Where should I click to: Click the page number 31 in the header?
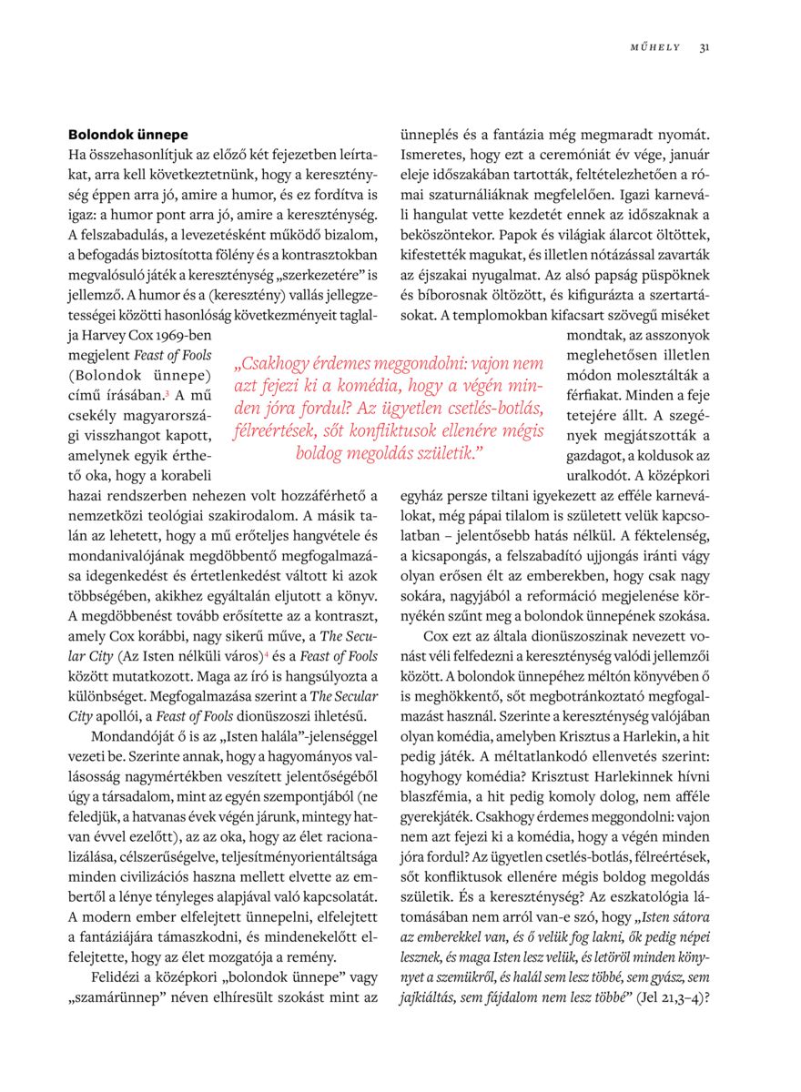point(705,48)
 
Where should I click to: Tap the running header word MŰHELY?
point(654,48)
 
